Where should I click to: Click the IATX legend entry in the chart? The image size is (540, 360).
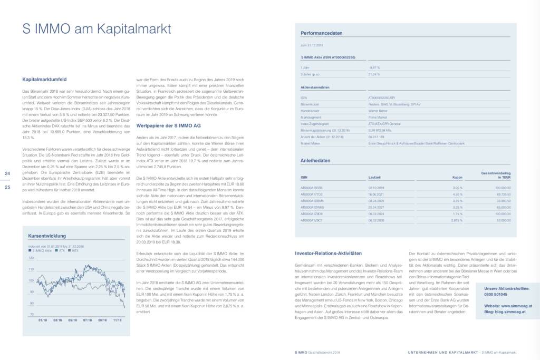pyautogui.click(x=74, y=251)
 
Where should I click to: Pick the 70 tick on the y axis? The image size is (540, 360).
pyautogui.click(x=32, y=314)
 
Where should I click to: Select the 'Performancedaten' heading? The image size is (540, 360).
pyautogui.click(x=321, y=33)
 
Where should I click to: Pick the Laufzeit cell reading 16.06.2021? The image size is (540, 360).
pyautogui.click(x=376, y=194)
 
